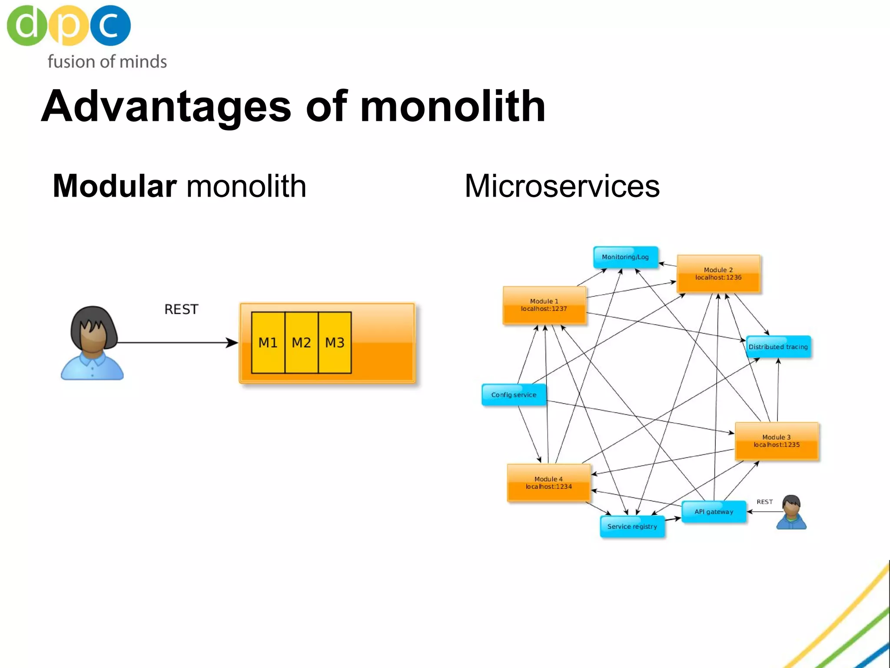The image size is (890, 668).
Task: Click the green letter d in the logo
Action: click(x=27, y=25)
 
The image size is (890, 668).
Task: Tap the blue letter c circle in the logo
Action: click(x=110, y=25)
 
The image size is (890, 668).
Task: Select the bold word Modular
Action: click(x=114, y=186)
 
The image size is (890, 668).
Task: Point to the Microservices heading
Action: click(x=562, y=186)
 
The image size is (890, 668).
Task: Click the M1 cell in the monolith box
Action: click(x=268, y=343)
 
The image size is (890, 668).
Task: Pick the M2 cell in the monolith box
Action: click(x=301, y=343)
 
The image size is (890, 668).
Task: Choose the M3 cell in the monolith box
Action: click(x=335, y=343)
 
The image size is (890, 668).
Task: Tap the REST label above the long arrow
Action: click(x=181, y=309)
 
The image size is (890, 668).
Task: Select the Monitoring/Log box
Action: click(x=625, y=257)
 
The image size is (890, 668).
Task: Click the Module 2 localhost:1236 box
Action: click(x=718, y=274)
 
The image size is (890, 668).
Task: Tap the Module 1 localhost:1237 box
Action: click(x=544, y=305)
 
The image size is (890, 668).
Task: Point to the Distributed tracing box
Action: click(x=778, y=347)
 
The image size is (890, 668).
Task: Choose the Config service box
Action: click(x=514, y=395)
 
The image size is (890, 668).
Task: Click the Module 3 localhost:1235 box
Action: click(x=777, y=441)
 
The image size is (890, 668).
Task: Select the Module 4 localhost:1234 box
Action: click(x=548, y=483)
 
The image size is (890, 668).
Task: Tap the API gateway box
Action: click(x=714, y=512)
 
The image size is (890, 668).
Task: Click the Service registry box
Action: click(x=632, y=527)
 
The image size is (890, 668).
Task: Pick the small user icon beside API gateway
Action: click(x=791, y=512)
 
